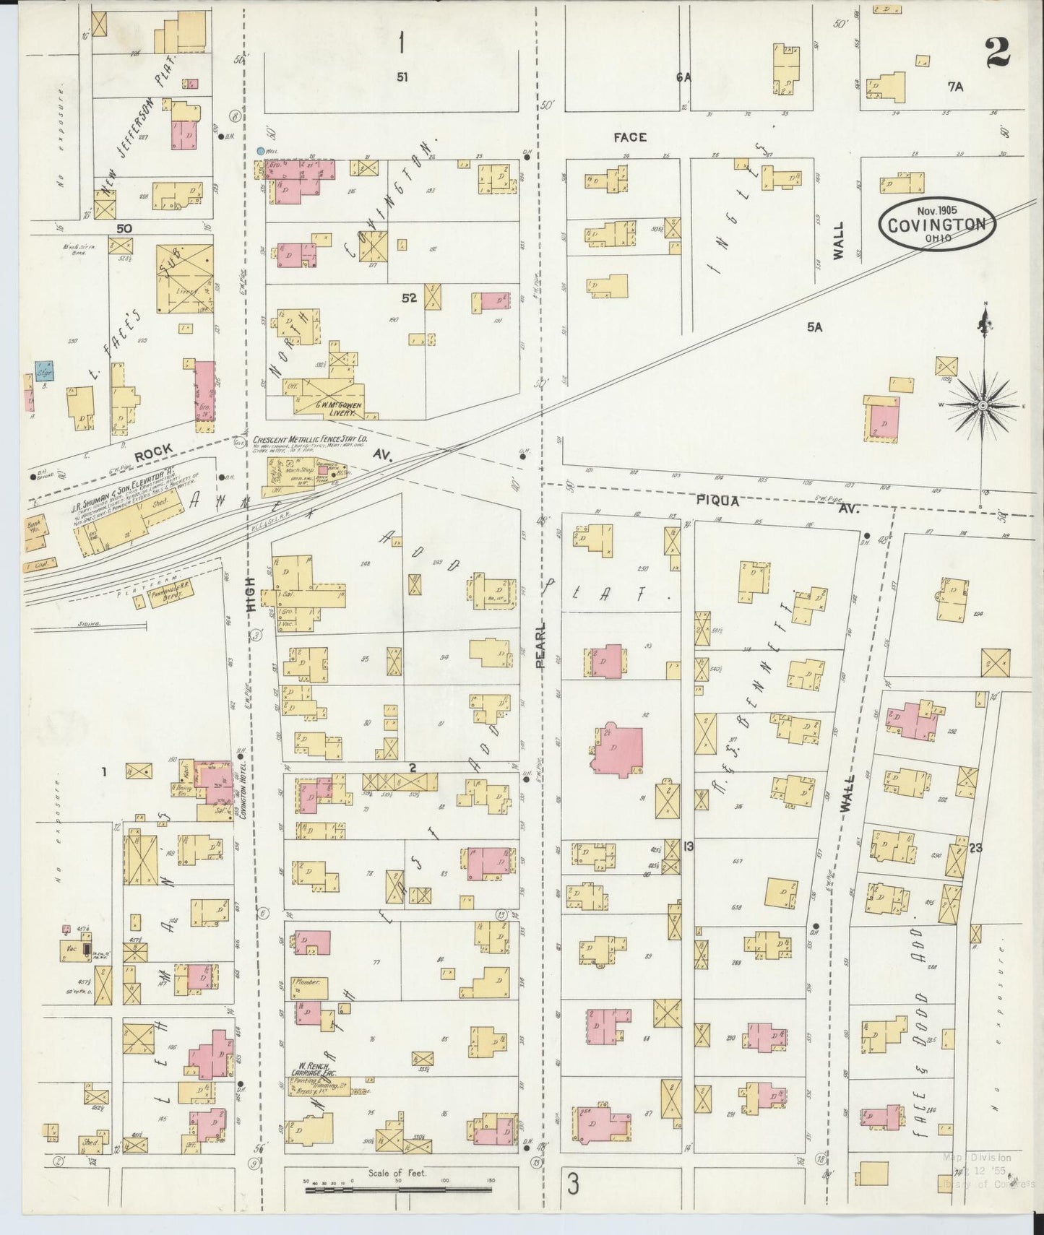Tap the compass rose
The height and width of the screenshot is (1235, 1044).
(x=983, y=406)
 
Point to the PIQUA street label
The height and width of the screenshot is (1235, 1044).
(x=717, y=500)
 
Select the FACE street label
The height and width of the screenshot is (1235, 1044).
(x=630, y=136)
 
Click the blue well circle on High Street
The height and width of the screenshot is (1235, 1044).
(x=260, y=151)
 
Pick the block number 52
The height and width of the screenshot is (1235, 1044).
(x=409, y=298)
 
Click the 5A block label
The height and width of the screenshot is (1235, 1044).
(x=815, y=327)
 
